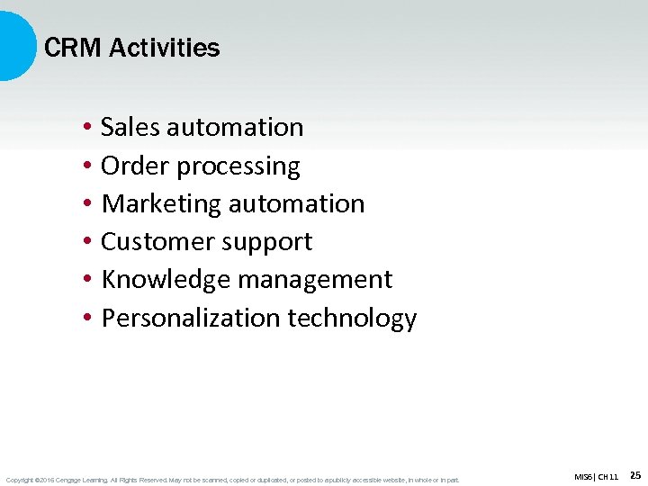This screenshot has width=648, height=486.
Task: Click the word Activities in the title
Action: click(164, 48)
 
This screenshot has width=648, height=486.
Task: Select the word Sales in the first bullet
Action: click(129, 127)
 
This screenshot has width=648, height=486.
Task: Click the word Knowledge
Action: click(166, 280)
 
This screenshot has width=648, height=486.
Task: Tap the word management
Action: click(316, 281)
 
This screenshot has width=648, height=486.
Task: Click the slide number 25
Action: click(635, 475)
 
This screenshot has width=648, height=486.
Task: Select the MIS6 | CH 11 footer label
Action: click(596, 476)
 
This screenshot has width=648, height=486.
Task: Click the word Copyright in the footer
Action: click(19, 480)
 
